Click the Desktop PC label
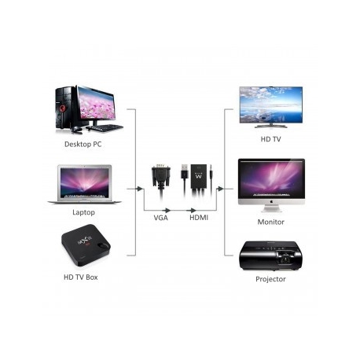[x=83, y=145]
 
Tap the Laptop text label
[x=83, y=212]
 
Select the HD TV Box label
[x=81, y=277]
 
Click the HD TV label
[x=270, y=139]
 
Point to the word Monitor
[x=270, y=222]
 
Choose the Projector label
[x=270, y=279]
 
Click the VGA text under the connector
[x=160, y=218]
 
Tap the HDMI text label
[x=199, y=218]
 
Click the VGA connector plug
[x=161, y=175]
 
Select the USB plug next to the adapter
[x=185, y=171]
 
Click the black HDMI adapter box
[x=199, y=176]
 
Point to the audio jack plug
[x=211, y=174]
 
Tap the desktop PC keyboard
[x=105, y=127]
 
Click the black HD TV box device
[x=86, y=245]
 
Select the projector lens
[x=285, y=259]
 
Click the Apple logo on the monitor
[x=271, y=201]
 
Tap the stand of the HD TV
[x=270, y=126]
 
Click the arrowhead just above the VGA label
[x=167, y=210]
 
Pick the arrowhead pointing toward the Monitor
[x=221, y=189]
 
